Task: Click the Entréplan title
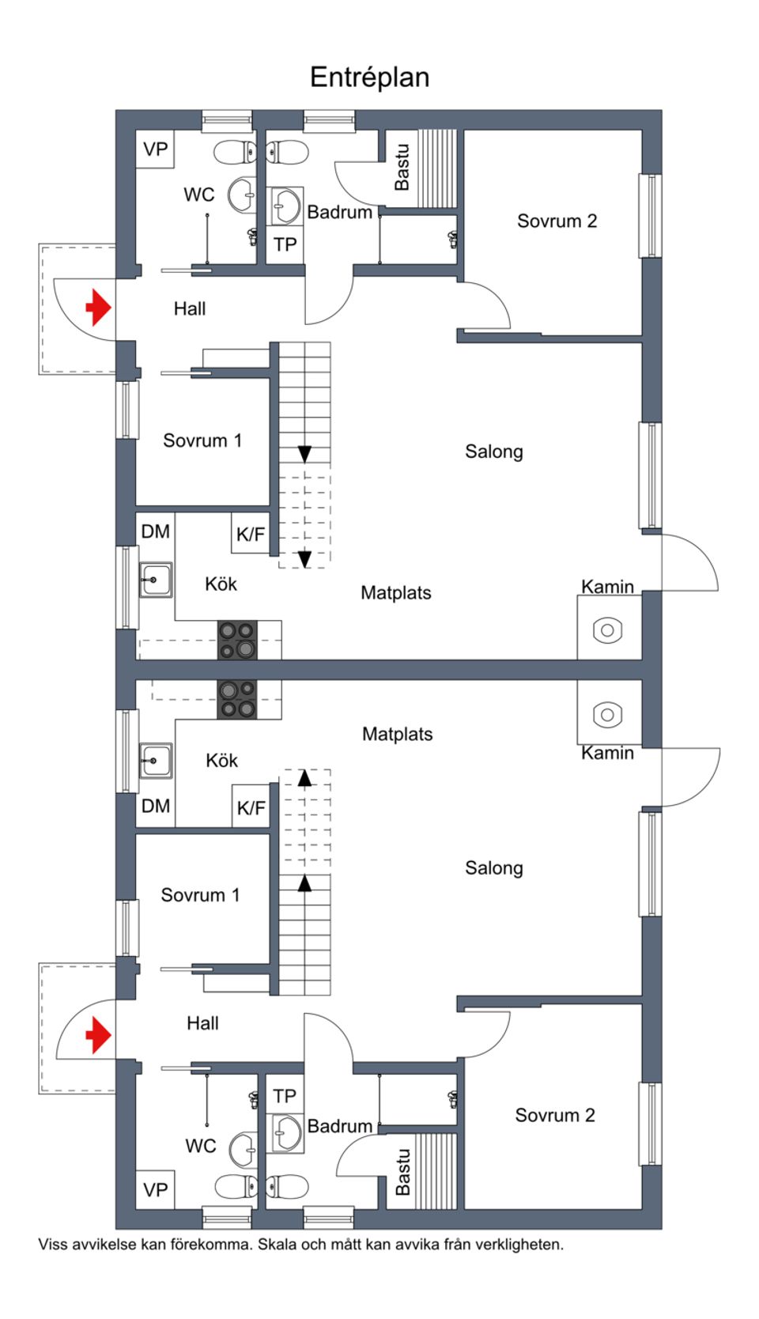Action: point(369,77)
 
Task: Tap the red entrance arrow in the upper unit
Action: point(98,307)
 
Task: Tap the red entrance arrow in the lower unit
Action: point(98,1034)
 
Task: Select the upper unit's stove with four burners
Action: point(237,641)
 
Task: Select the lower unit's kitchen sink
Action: point(156,761)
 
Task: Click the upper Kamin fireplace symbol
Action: point(607,630)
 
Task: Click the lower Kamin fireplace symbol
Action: point(607,714)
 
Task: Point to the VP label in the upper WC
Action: point(156,149)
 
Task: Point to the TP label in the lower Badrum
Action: point(285,1096)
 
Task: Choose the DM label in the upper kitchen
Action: point(156,531)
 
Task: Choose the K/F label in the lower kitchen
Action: point(251,808)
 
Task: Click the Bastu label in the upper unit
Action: point(402,167)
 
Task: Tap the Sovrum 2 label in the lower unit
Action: point(555,1115)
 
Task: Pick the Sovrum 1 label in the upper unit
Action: point(202,440)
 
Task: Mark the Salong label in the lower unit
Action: point(494,868)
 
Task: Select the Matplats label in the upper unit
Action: point(396,593)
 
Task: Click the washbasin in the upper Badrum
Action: point(285,206)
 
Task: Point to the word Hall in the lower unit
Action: point(202,1023)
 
